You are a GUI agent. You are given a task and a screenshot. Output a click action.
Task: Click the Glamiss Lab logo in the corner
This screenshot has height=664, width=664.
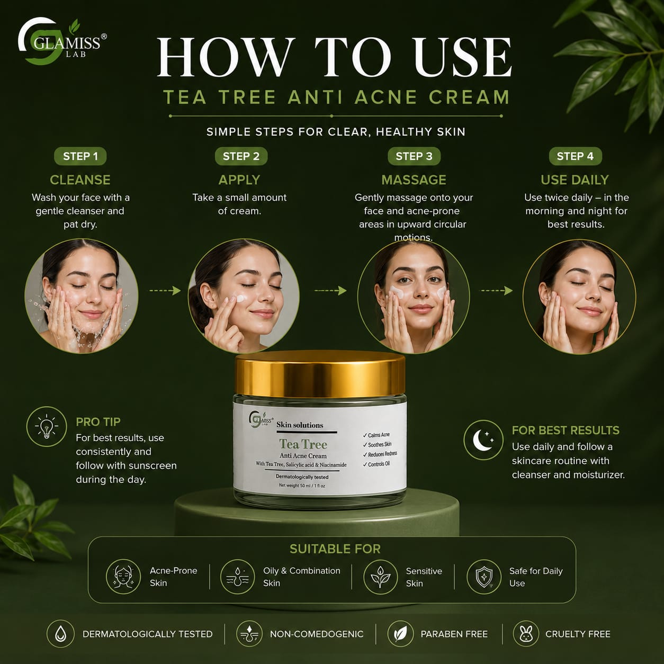tap(62, 41)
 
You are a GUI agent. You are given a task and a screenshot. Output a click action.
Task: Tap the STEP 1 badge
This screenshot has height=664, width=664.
tap(80, 156)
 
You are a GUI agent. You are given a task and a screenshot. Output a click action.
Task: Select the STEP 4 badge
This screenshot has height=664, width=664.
tap(575, 156)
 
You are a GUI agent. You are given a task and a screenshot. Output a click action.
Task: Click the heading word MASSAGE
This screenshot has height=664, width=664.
tap(414, 180)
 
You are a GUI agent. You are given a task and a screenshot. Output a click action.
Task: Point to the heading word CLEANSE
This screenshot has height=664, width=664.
tap(80, 180)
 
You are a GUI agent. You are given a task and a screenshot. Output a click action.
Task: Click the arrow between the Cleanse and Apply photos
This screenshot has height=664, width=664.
tap(165, 291)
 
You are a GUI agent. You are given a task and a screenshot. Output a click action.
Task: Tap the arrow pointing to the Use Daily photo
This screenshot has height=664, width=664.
tap(496, 291)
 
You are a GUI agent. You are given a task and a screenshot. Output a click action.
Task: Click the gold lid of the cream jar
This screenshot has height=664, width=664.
tap(320, 373)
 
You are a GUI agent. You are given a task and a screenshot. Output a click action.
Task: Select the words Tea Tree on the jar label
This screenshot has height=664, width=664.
tap(303, 444)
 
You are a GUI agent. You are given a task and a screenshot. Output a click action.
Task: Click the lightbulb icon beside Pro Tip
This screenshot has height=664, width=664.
tap(47, 427)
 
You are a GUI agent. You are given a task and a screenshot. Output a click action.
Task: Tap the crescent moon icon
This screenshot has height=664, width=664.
tap(483, 440)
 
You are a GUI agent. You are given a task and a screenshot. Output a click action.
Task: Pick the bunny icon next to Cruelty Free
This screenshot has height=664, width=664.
tap(526, 633)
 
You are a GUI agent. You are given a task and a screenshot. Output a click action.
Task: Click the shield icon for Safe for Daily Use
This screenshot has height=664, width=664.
tap(484, 577)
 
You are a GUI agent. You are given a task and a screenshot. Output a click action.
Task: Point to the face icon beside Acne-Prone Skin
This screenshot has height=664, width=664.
tap(123, 576)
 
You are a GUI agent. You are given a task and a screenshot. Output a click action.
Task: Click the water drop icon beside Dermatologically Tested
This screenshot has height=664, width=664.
tap(61, 633)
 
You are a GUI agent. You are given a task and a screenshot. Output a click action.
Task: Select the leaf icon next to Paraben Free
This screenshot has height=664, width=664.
tap(400, 633)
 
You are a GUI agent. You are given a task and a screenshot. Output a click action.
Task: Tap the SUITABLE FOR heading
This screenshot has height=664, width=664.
tap(335, 549)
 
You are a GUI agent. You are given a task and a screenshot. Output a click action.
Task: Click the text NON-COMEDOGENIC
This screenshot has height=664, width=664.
tap(317, 634)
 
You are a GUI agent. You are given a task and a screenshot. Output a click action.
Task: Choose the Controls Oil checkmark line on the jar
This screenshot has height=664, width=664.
tap(376, 464)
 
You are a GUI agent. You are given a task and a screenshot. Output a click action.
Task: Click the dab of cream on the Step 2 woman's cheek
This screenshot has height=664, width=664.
tap(240, 298)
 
